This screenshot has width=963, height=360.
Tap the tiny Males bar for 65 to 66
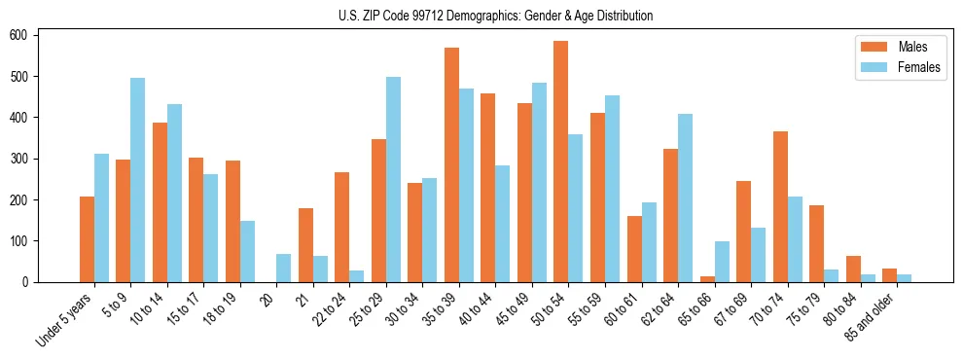[707, 279]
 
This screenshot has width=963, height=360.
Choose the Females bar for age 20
[283, 269]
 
